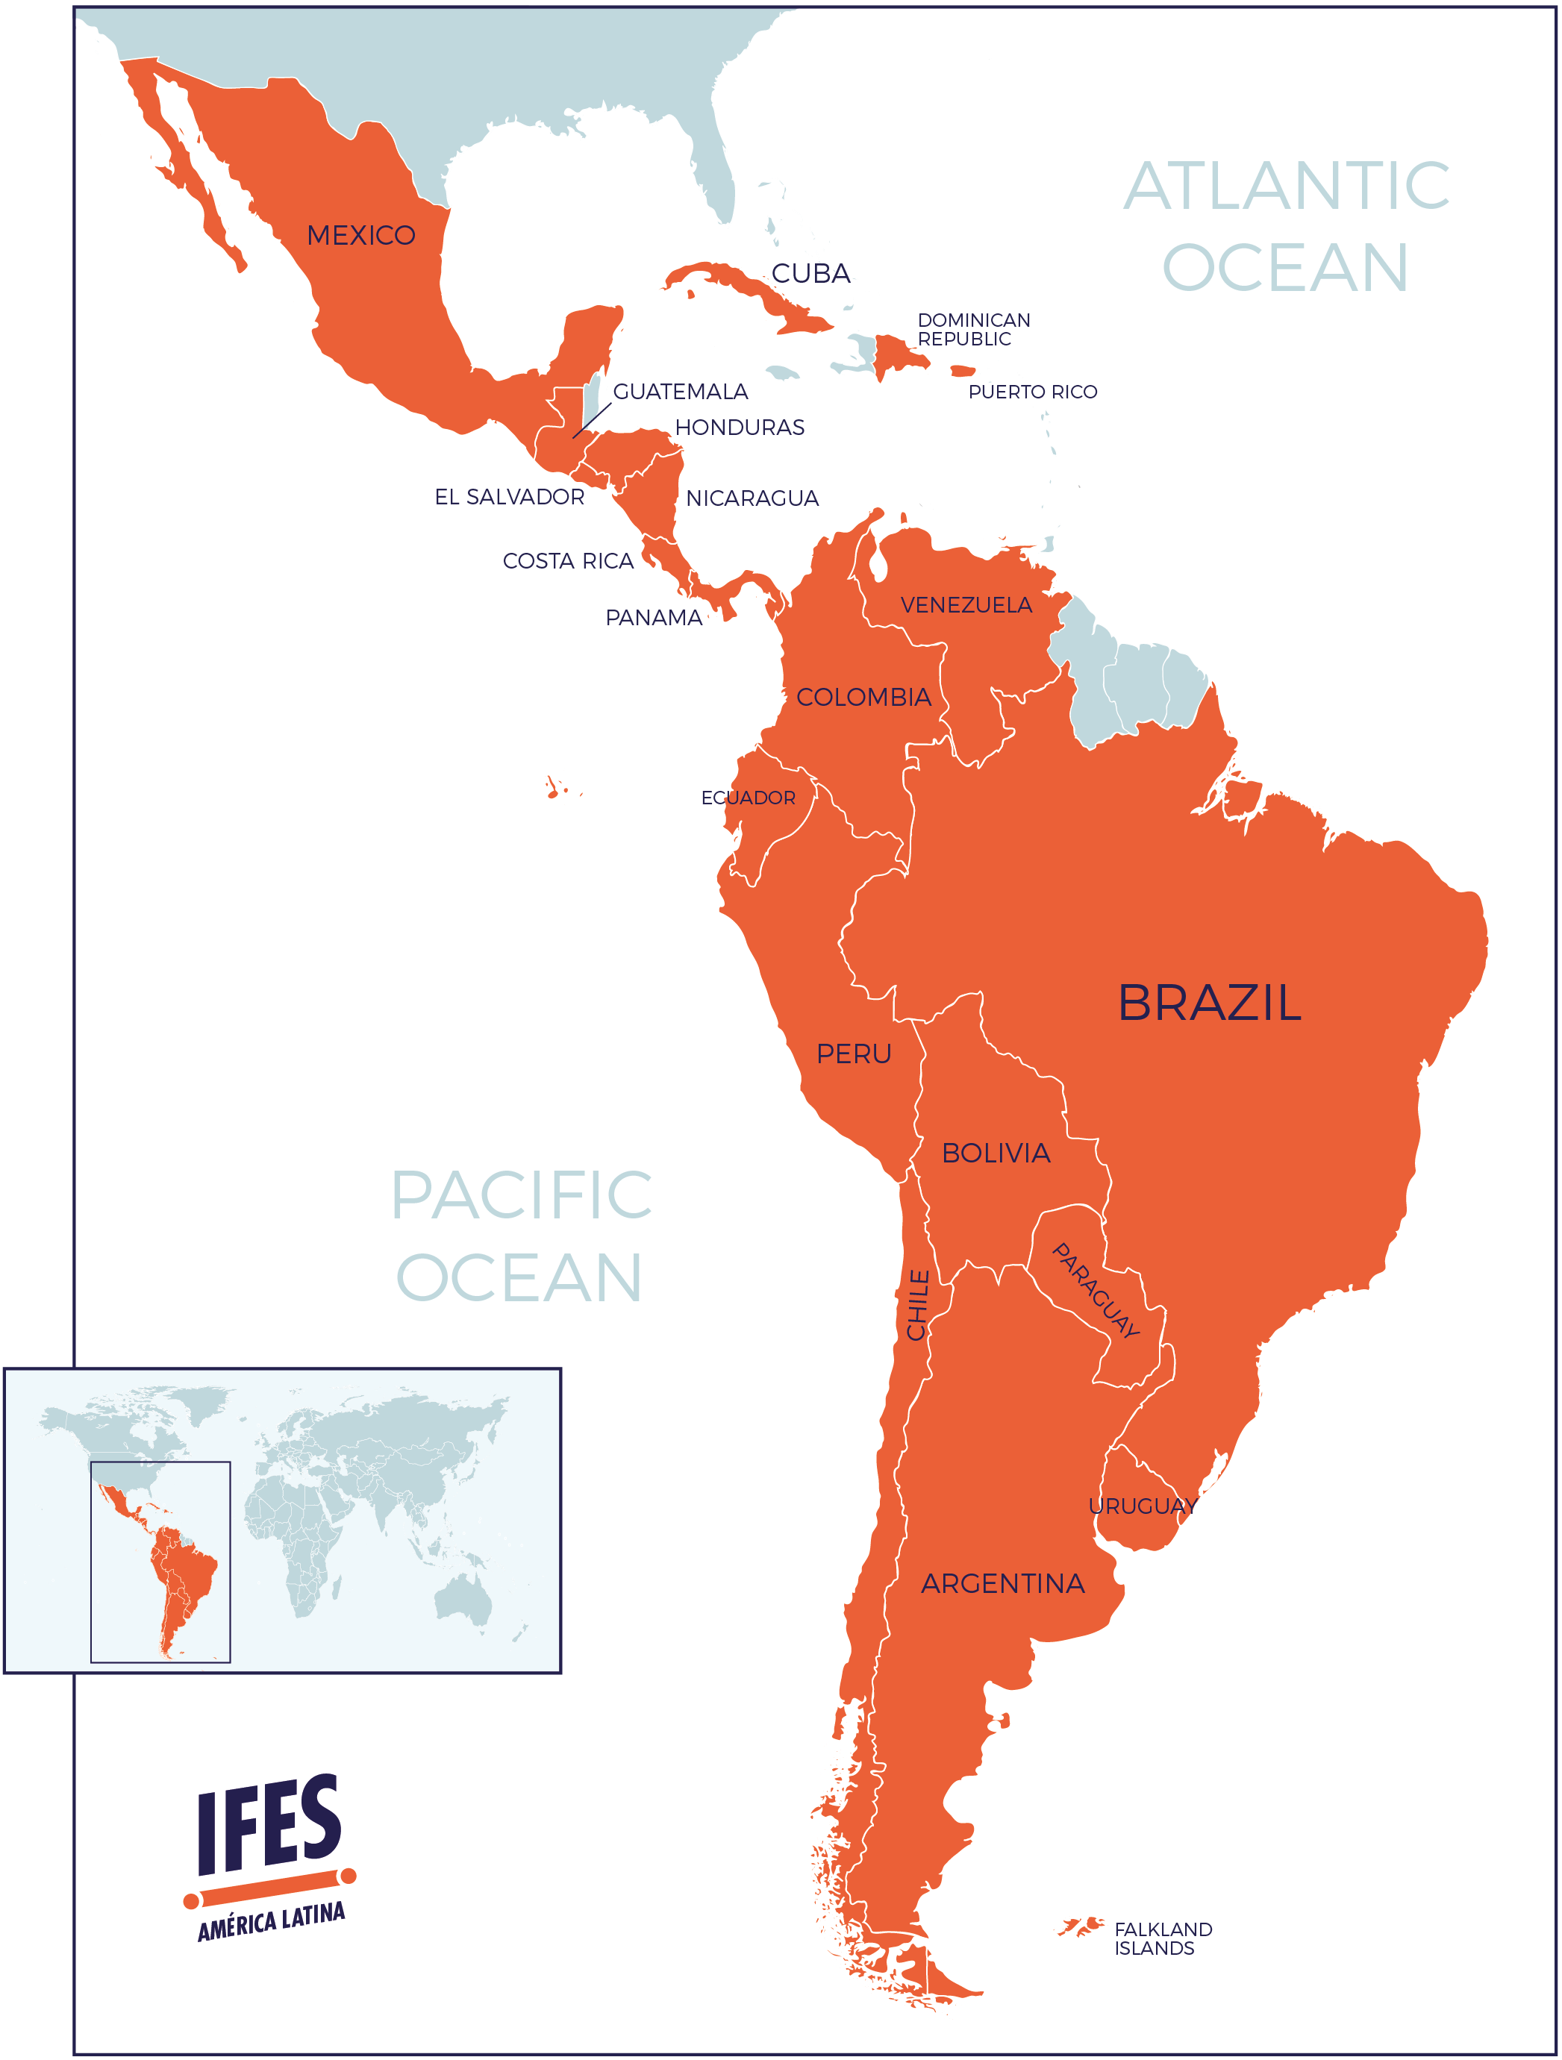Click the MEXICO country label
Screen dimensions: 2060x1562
coord(360,235)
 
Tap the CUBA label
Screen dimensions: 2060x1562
coord(810,273)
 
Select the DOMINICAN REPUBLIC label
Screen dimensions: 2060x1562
coord(973,330)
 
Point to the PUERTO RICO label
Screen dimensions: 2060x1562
coord(1032,392)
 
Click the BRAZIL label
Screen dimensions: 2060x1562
coord(1209,1003)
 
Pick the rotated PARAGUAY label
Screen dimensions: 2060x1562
coord(1096,1291)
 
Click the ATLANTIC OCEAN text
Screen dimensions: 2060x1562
coord(1285,226)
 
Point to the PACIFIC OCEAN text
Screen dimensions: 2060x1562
coord(521,1236)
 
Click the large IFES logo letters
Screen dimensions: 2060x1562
coord(269,1824)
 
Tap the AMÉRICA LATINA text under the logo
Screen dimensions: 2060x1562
coord(271,1921)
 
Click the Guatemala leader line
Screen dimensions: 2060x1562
coord(592,421)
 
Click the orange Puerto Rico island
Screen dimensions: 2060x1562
coord(962,371)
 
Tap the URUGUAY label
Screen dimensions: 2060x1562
coord(1142,1506)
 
